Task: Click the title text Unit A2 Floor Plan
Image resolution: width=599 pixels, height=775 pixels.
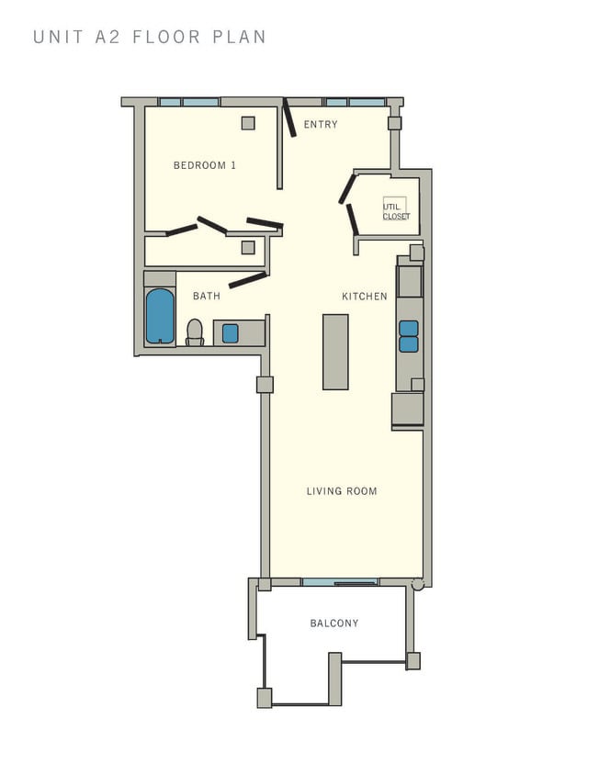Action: (150, 38)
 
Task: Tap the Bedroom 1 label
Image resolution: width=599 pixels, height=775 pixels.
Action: (205, 165)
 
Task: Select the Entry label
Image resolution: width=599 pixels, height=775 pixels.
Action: (321, 125)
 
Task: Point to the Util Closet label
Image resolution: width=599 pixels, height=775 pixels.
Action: (396, 212)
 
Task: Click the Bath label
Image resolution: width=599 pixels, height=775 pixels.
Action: (207, 296)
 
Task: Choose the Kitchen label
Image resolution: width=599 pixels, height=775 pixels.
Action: (364, 296)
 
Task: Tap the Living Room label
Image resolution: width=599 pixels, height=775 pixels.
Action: (342, 491)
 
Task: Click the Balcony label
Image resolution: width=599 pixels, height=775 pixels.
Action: (334, 623)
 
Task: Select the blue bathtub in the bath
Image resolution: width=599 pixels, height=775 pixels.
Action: (160, 315)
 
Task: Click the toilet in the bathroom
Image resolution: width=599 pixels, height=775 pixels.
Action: (195, 331)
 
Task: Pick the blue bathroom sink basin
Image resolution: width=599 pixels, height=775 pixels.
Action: (231, 333)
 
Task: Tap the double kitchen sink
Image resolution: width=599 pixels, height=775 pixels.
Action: (409, 336)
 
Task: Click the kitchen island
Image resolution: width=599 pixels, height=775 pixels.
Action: (335, 352)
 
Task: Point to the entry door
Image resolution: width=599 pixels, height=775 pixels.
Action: (289, 118)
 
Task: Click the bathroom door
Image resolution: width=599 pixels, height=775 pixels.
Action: (248, 280)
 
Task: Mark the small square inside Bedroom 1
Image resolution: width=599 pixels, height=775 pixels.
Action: (248, 123)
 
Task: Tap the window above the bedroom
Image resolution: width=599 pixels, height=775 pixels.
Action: (188, 102)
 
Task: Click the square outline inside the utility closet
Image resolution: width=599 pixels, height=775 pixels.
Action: (394, 208)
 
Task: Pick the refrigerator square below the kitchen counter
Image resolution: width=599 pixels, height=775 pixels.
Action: (407, 409)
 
